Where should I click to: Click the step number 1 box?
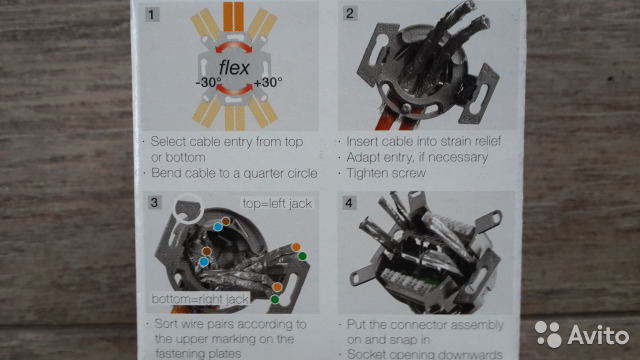152,14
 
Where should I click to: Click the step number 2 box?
350,13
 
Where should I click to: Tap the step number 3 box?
154,202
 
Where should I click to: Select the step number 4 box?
349,203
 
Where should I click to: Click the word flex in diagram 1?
234,68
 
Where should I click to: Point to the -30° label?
209,82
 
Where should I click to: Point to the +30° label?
268,82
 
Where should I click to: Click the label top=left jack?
277,204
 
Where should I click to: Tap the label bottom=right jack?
200,299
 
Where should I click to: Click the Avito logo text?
598,336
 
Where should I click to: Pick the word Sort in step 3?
165,324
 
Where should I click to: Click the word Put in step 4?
356,325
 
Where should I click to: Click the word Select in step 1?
168,142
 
